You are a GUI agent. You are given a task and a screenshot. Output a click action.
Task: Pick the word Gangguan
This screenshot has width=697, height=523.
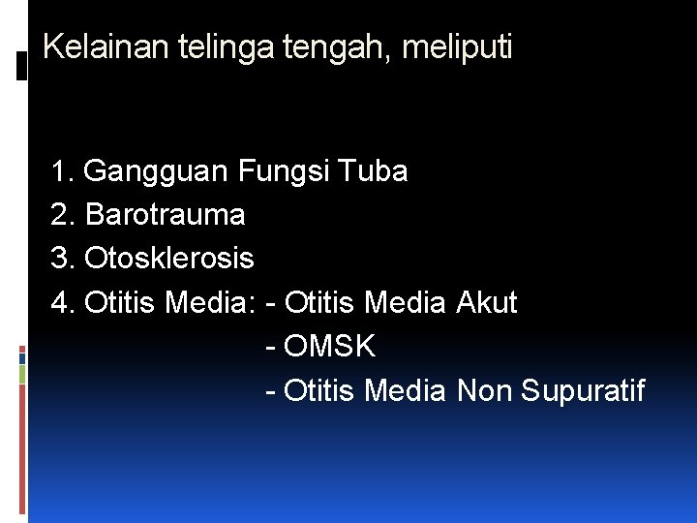(x=158, y=172)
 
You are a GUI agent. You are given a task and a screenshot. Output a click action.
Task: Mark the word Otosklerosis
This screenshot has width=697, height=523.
(x=169, y=259)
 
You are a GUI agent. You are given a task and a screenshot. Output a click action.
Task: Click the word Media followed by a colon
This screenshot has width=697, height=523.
(x=209, y=302)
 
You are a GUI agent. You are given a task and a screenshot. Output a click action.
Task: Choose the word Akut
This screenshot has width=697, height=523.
(x=486, y=302)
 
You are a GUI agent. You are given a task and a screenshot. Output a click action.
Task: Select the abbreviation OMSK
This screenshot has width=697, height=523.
(x=331, y=346)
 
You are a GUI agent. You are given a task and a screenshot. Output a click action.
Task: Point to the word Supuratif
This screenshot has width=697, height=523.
(x=583, y=390)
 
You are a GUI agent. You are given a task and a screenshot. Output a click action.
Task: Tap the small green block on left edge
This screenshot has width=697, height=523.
(x=22, y=375)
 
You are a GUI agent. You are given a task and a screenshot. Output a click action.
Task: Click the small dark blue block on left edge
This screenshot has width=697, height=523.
(x=22, y=357)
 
